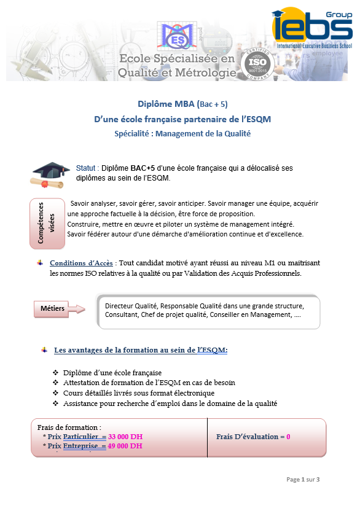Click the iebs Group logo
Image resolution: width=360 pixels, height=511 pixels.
[312, 29]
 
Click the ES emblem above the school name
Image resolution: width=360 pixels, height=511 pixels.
[177, 36]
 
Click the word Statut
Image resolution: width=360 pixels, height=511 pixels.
[85, 168]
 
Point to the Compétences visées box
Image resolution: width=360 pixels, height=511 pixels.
[47, 224]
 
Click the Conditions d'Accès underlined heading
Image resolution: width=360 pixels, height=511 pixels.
[81, 263]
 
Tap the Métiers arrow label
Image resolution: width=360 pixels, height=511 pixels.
[60, 308]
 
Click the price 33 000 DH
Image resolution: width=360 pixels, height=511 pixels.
[125, 437]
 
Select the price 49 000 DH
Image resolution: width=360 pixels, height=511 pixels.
[125, 446]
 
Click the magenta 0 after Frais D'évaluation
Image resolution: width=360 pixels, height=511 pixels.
[288, 437]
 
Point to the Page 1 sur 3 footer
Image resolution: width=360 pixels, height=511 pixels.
[303, 480]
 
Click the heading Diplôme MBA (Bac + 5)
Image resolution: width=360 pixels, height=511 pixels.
[182, 104]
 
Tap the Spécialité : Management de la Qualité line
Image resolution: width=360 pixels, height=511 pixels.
[182, 134]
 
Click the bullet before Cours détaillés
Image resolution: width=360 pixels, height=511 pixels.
[56, 392]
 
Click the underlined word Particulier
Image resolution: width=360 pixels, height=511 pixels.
[80, 437]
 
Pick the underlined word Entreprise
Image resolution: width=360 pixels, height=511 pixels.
[80, 446]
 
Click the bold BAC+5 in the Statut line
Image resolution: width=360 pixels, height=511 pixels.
[143, 168]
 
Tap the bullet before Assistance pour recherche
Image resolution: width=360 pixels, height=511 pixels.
[56, 403]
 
